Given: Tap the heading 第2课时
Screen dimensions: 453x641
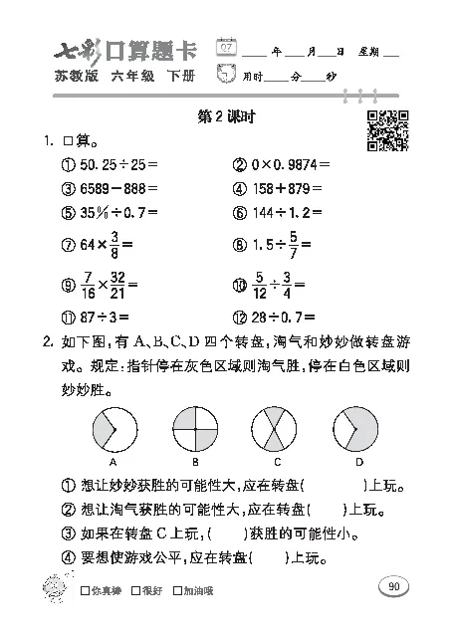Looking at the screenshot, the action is click(x=227, y=116).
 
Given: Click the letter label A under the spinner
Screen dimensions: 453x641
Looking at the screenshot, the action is click(x=114, y=463).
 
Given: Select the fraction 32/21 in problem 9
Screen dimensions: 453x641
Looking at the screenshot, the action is click(x=117, y=285).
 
